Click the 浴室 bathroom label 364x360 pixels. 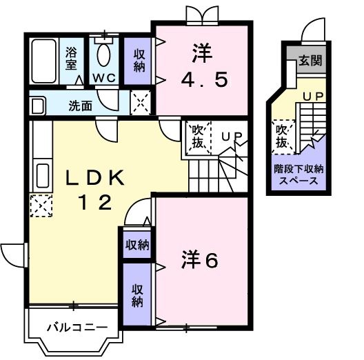[72, 59]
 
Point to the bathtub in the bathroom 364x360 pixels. [45, 61]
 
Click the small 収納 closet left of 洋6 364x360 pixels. [136, 244]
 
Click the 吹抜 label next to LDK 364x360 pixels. [198, 135]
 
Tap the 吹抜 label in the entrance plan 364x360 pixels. [282, 136]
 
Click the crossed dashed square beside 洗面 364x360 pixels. [141, 103]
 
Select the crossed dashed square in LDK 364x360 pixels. [40, 206]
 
